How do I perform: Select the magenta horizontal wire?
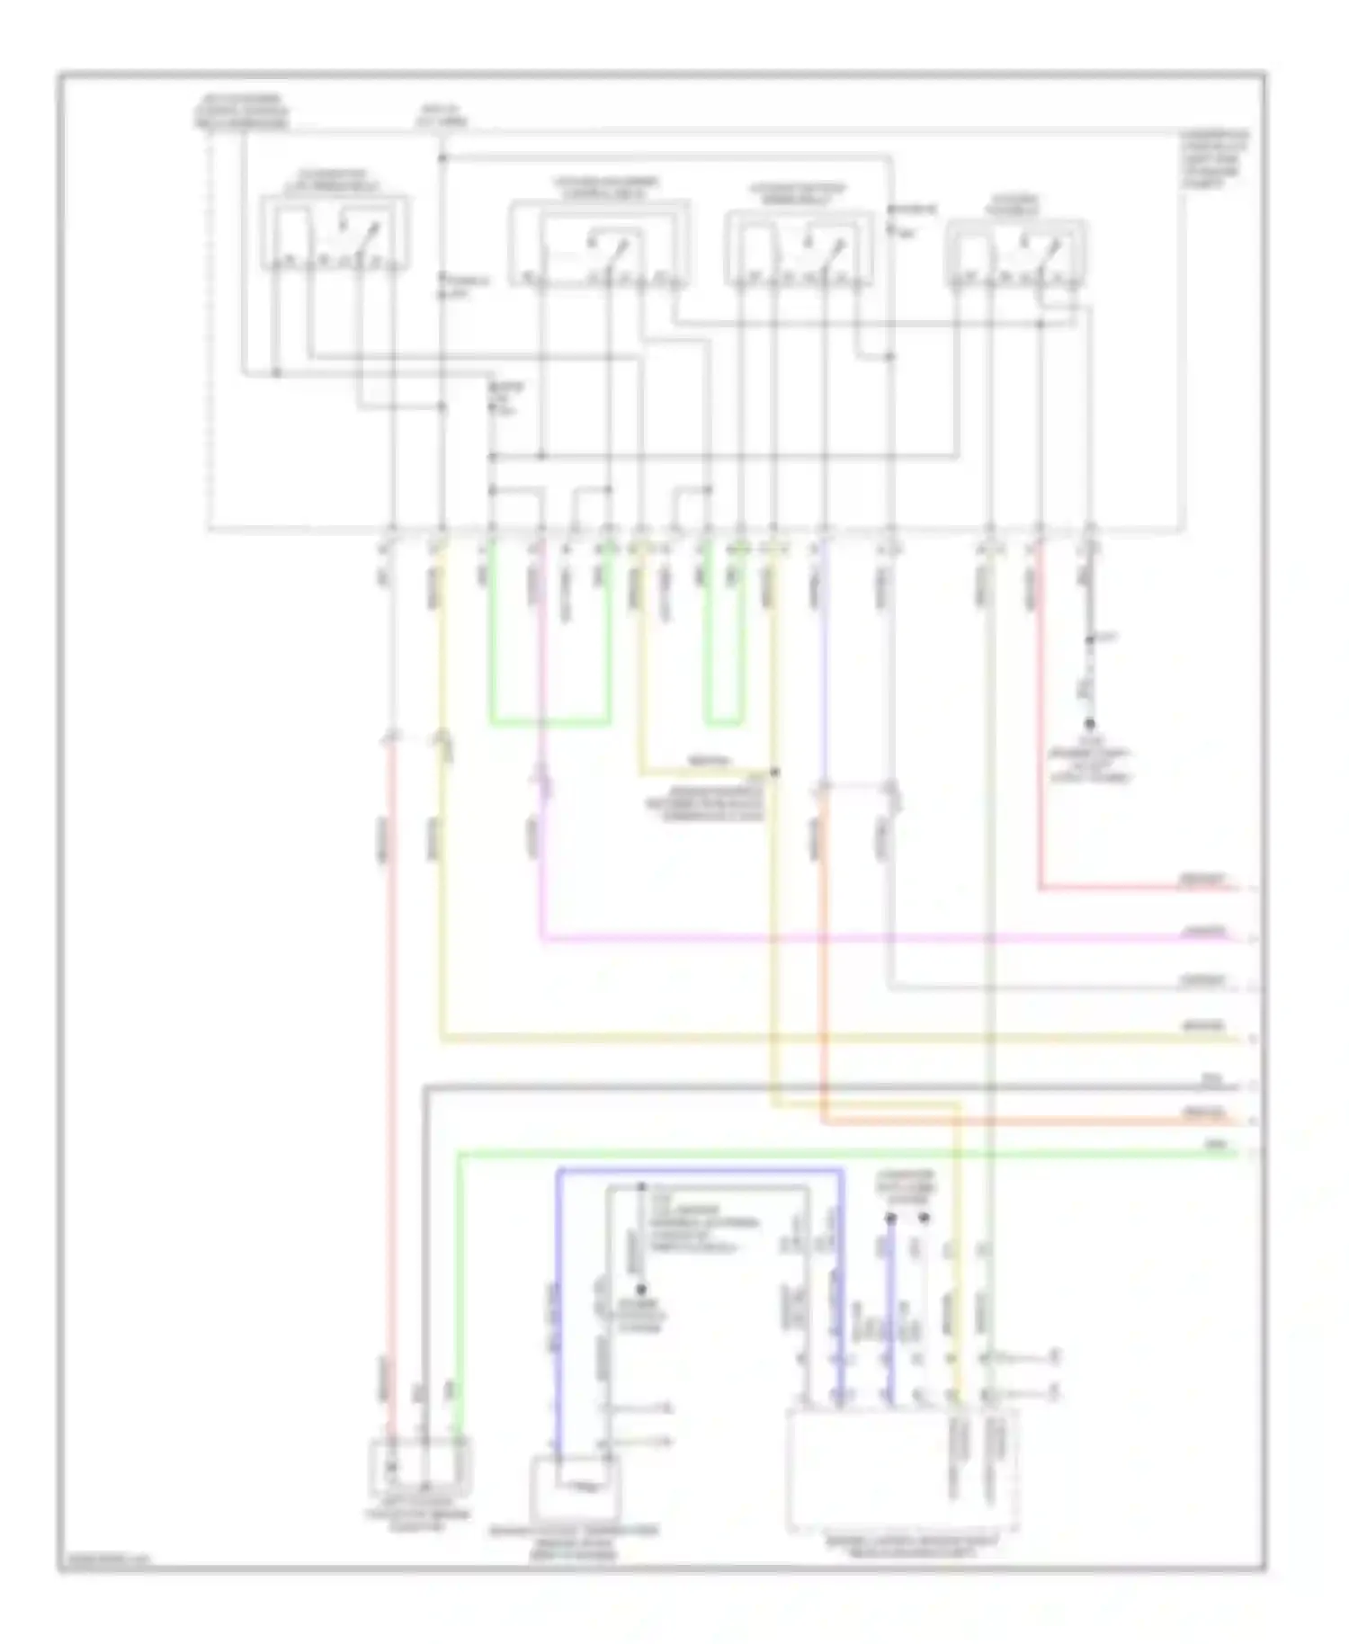point(854,940)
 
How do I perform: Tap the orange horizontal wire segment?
point(1025,1121)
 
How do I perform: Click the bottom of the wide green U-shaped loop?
point(549,721)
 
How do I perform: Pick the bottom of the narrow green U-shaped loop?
point(722,721)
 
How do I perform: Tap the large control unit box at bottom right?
point(902,1469)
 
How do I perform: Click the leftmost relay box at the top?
point(335,234)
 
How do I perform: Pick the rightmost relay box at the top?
point(1016,255)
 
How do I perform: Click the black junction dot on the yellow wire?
point(774,772)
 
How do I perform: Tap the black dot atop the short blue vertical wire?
point(891,1219)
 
